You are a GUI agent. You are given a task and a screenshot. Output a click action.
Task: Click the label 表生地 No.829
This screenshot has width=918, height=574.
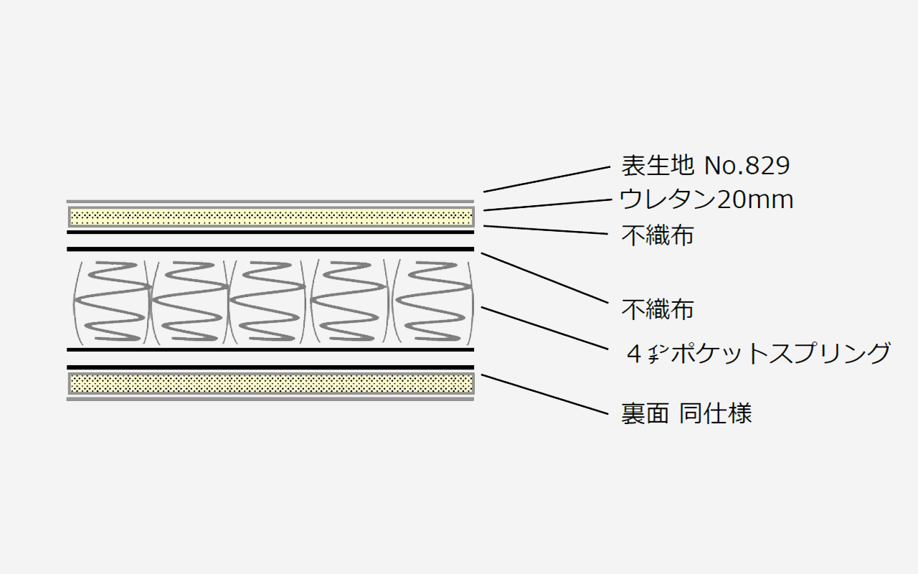(x=705, y=166)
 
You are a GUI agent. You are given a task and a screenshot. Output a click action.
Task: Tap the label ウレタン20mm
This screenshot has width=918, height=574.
(x=706, y=199)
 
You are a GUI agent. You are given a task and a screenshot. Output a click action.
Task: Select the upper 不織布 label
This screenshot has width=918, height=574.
(x=658, y=235)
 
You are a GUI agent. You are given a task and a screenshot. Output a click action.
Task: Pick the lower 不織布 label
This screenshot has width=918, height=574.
(x=658, y=309)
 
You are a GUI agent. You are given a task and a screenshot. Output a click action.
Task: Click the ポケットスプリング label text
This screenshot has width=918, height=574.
(x=781, y=353)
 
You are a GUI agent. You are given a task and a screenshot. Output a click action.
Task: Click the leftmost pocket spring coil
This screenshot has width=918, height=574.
(x=111, y=301)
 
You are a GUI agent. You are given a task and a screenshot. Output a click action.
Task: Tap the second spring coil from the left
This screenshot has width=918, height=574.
(x=190, y=301)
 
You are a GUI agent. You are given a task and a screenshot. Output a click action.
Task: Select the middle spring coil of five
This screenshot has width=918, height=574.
(x=268, y=301)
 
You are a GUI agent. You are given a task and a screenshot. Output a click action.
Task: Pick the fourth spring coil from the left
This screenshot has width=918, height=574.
(x=349, y=301)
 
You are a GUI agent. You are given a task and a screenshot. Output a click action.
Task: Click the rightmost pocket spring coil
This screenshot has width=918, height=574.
(x=433, y=301)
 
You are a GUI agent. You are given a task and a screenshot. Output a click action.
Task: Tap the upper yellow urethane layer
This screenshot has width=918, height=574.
(x=271, y=217)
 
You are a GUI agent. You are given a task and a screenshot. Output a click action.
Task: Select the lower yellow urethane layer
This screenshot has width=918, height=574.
(x=271, y=383)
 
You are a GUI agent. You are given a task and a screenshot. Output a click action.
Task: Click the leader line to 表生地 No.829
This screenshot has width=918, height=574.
(x=547, y=179)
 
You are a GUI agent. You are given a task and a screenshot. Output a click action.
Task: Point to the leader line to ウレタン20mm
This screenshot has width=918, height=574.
(x=548, y=205)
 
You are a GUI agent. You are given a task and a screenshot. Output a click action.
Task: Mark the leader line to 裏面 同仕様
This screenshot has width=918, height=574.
(x=544, y=394)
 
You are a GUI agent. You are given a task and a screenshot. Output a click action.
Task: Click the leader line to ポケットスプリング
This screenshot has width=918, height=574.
(x=544, y=328)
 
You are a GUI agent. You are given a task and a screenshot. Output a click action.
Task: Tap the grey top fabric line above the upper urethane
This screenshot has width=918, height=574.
(x=270, y=202)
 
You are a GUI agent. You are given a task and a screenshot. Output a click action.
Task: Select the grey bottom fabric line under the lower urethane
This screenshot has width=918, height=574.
(x=270, y=399)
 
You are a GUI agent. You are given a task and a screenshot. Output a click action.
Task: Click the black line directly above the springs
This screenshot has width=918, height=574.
(x=270, y=249)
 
